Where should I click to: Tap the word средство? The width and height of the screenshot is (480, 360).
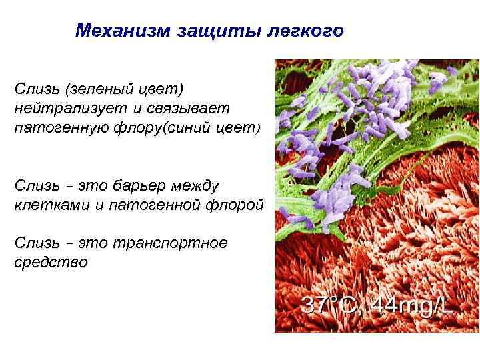click(51, 262)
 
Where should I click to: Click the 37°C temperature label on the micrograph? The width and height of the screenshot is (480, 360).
click(332, 305)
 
